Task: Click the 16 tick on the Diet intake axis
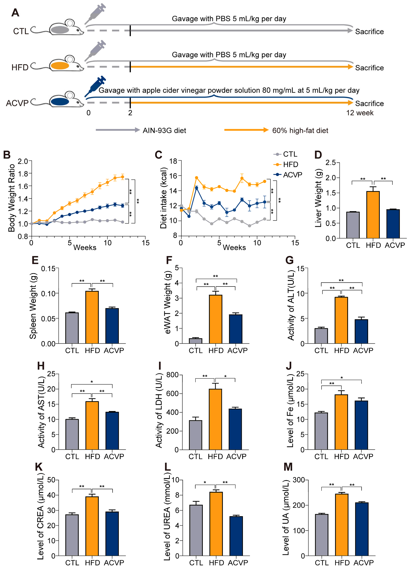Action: [x=173, y=176]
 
